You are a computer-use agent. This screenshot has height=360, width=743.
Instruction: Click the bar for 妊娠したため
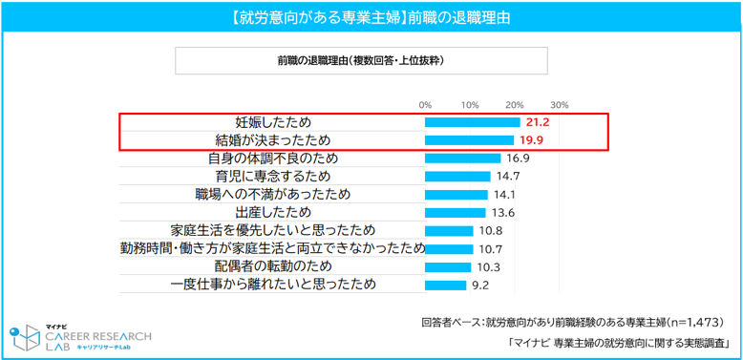click(473, 122)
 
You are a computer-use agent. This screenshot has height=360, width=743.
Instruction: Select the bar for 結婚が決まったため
click(470, 140)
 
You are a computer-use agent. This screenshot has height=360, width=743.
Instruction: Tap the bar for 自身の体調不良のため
click(463, 159)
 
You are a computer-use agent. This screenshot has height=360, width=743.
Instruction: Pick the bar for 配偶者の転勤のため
click(448, 267)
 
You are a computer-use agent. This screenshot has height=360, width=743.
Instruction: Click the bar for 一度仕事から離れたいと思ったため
click(446, 286)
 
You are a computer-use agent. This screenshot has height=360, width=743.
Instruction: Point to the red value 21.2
click(536, 122)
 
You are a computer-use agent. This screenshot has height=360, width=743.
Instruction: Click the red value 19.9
click(530, 140)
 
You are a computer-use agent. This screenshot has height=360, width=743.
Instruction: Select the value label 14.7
click(508, 177)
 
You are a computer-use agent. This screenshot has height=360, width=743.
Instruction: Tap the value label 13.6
click(503, 213)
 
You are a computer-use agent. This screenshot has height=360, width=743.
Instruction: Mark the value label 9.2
click(480, 286)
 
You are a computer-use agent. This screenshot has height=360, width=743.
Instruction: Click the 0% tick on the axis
click(425, 105)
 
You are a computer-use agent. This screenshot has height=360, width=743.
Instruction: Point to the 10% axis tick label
click(470, 105)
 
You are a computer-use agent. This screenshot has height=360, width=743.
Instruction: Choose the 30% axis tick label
click(559, 105)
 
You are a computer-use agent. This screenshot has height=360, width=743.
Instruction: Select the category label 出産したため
click(273, 213)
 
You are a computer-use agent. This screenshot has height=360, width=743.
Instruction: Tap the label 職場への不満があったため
click(273, 195)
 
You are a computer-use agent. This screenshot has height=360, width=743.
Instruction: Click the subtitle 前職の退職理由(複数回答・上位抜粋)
click(361, 60)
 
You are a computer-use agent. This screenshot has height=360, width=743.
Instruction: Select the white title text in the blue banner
click(371, 17)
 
